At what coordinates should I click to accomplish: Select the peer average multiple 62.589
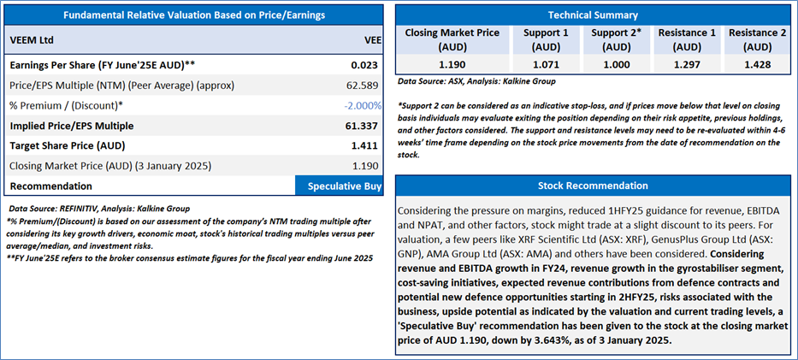click(361, 86)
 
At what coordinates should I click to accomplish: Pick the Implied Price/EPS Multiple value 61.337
click(361, 126)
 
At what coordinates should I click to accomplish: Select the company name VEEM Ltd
click(32, 40)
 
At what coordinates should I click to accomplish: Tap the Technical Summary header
click(593, 15)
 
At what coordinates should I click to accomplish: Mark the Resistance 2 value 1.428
click(757, 64)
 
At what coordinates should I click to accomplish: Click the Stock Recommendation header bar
click(593, 186)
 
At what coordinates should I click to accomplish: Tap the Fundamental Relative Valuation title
click(194, 15)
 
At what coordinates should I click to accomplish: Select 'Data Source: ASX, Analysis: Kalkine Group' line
click(476, 81)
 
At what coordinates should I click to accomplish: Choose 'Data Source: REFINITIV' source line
click(98, 209)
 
